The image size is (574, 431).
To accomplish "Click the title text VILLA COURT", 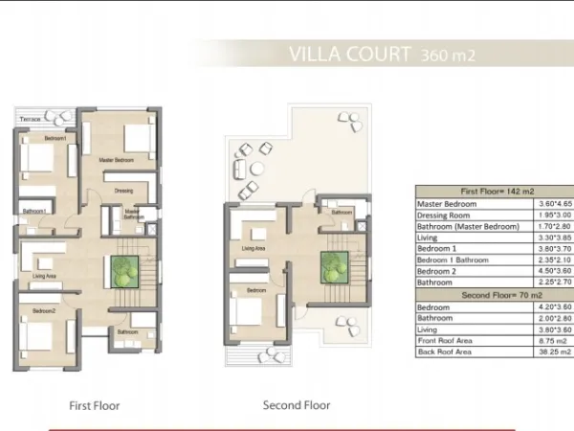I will tap(348, 54).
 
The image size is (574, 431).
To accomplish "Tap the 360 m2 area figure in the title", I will tap(448, 56).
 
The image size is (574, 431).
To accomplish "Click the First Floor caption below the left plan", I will tap(95, 405).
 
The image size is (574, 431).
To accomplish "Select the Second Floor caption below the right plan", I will tap(297, 405).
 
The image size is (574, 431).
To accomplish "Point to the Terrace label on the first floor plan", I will tap(31, 119).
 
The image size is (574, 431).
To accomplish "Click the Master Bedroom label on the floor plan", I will tap(117, 160).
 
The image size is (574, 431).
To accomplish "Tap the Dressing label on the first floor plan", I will tap(122, 192).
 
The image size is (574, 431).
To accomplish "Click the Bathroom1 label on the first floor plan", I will tap(35, 211).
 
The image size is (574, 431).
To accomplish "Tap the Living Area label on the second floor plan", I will tap(254, 249).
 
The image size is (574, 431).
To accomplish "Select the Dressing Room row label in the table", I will tap(446, 215).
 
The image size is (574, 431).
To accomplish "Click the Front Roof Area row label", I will tap(447, 341).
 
